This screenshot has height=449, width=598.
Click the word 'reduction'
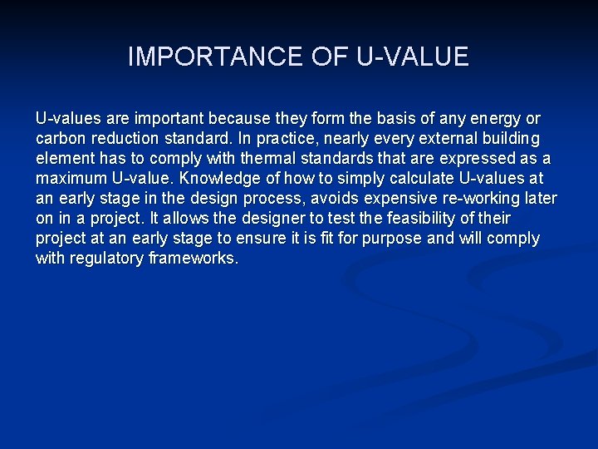[129, 138]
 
